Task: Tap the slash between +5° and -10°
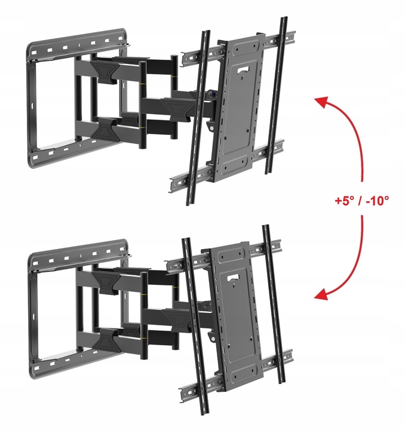click(360, 201)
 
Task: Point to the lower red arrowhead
click(321, 295)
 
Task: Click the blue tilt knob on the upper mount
click(211, 94)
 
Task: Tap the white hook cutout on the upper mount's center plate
click(242, 70)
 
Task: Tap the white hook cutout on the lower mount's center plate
click(232, 278)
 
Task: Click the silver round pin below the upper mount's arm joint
click(211, 128)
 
